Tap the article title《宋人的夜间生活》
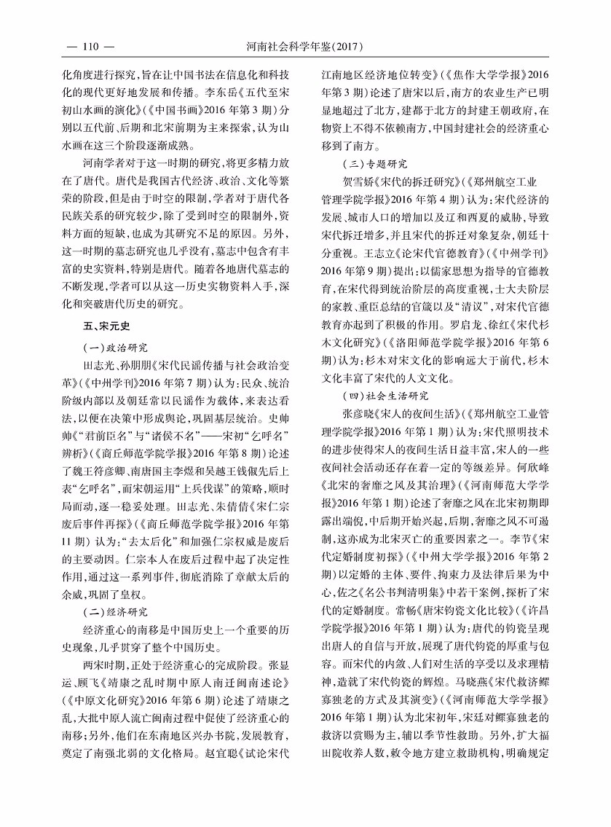(x=411, y=412)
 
